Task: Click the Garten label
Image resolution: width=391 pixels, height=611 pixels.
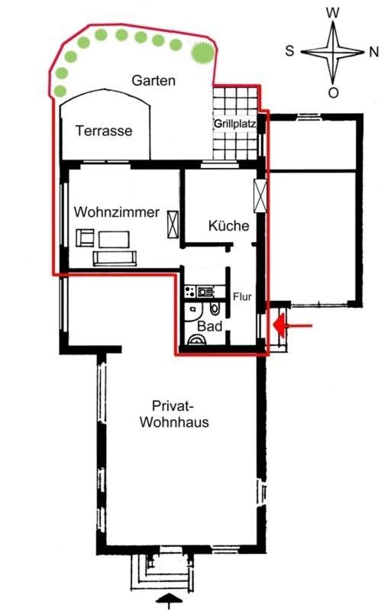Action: click(x=153, y=80)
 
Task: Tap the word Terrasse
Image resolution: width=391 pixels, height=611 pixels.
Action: click(x=104, y=131)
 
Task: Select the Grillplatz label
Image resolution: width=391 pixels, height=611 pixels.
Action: click(x=235, y=124)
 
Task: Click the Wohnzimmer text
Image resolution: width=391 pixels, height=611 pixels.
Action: click(x=116, y=212)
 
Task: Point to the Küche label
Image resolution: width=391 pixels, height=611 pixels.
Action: click(x=228, y=225)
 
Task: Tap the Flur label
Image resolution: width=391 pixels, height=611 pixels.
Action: click(x=242, y=297)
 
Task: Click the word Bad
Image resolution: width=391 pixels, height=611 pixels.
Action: click(x=209, y=326)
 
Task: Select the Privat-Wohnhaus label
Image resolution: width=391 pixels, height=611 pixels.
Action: click(x=174, y=414)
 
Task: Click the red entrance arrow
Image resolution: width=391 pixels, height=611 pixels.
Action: click(x=292, y=325)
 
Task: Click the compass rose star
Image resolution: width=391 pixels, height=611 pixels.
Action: click(x=333, y=51)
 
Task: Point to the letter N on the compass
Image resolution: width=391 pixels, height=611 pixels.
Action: click(x=373, y=52)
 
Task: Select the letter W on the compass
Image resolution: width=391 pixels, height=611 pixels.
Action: click(x=333, y=13)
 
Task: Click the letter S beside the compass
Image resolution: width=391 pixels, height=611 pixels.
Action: click(x=289, y=50)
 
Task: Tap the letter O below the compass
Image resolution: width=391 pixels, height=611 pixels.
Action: click(x=333, y=92)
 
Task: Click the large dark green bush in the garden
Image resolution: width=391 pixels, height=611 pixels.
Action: click(x=202, y=52)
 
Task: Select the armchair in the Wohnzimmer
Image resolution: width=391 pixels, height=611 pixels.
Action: click(x=86, y=238)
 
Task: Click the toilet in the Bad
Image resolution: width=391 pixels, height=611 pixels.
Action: click(x=215, y=309)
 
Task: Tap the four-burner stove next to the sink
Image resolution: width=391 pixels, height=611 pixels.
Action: click(x=190, y=292)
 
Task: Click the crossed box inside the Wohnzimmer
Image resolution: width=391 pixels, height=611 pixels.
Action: click(x=173, y=224)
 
